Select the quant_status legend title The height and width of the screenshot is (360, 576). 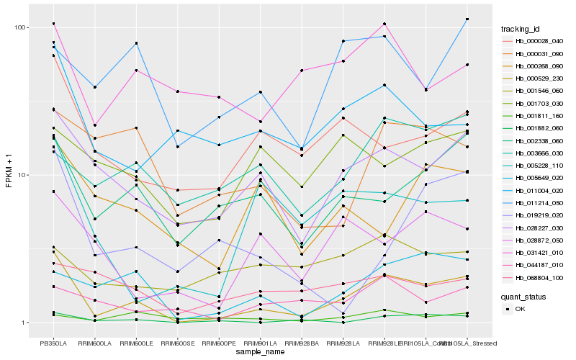point(524,297)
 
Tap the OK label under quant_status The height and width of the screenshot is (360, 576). point(521,309)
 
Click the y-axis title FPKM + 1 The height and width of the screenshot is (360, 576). point(9,176)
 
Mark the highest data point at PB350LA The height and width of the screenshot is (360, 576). point(53,24)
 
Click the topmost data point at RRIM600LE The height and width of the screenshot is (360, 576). point(136,43)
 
